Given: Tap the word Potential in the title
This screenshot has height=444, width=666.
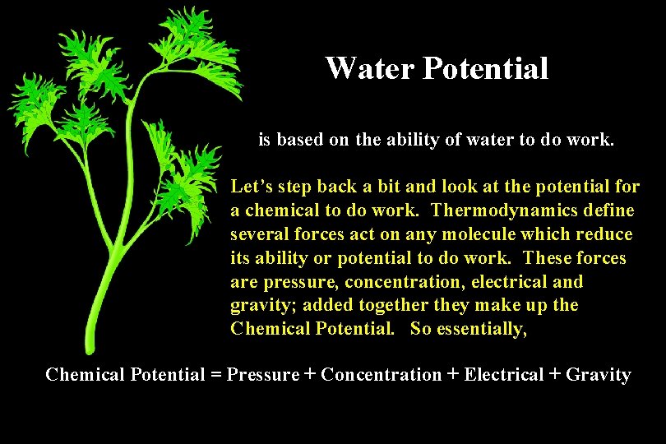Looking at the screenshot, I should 485,68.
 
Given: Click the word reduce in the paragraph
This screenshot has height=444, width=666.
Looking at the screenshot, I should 604,234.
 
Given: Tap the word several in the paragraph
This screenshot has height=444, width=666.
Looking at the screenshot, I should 258,234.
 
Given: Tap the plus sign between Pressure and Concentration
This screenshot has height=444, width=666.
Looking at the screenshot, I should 310,375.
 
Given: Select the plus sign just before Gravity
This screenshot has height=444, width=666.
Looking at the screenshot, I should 555,375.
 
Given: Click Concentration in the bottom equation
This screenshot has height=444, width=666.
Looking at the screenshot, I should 381,375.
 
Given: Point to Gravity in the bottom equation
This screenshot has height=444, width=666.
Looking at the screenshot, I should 599,375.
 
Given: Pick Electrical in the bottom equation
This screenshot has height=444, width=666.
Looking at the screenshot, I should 503,375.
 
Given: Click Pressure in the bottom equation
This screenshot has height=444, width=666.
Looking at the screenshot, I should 263,375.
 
